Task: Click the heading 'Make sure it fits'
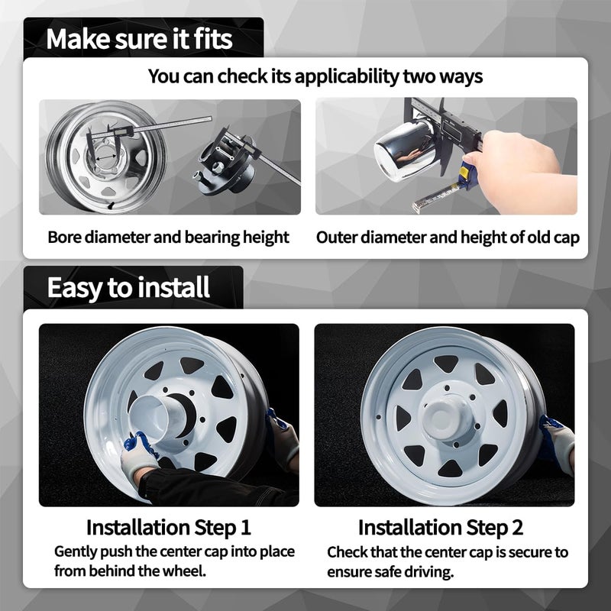(139, 39)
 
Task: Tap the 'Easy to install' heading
(128, 288)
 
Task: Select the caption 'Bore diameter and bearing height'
(168, 237)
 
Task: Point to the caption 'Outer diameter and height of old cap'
(448, 237)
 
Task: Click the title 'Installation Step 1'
(168, 528)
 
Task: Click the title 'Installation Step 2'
(441, 528)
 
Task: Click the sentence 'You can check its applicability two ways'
(315, 76)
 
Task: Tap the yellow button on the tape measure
(464, 171)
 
